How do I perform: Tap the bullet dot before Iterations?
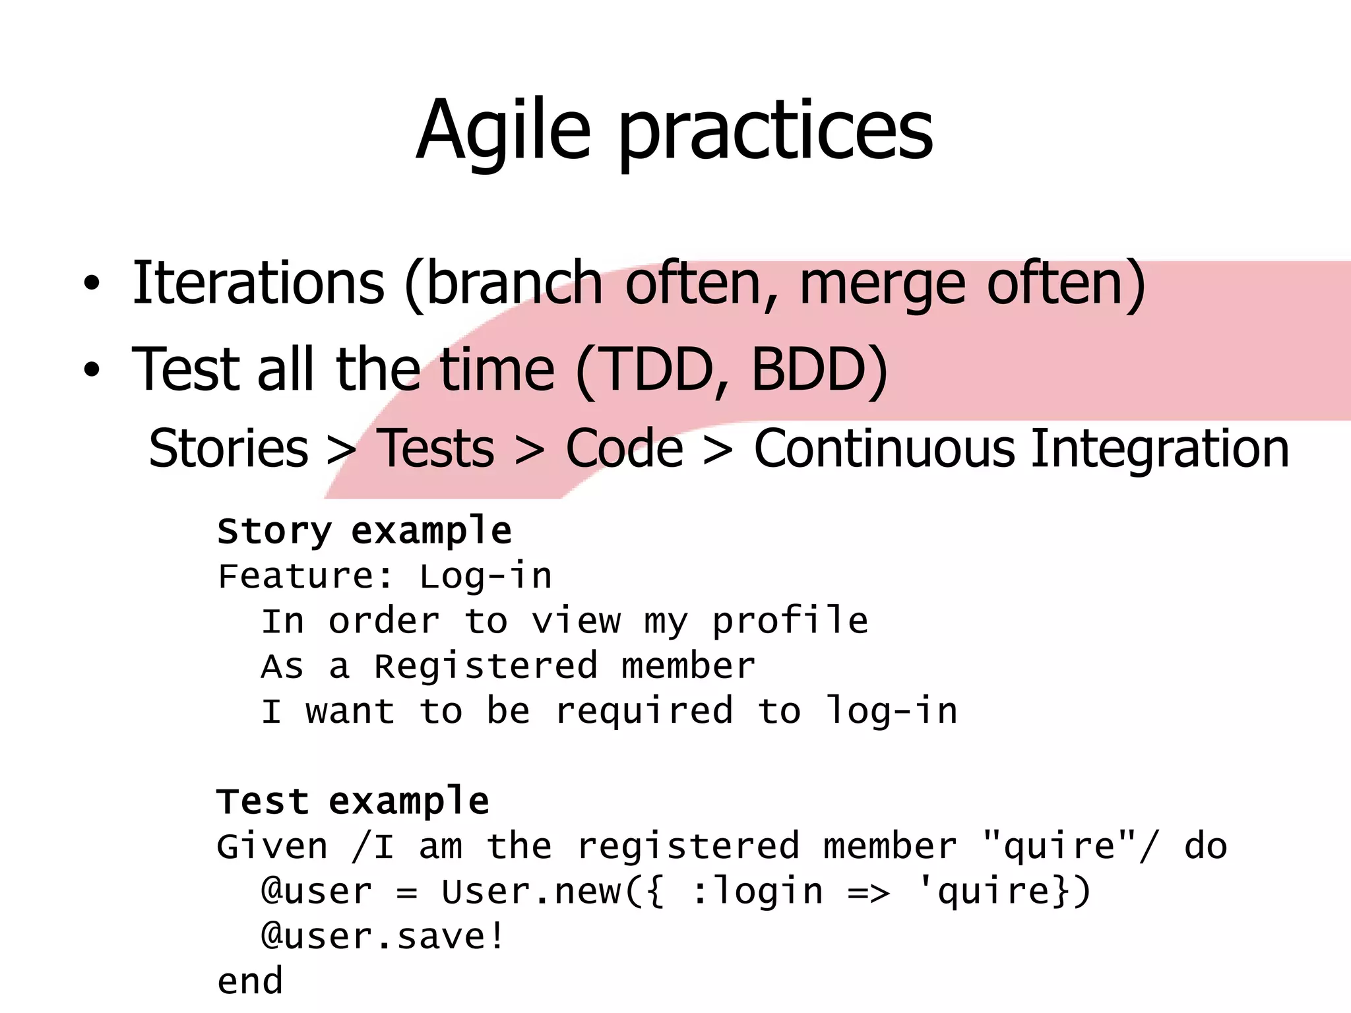92,284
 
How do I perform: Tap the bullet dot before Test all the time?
92,371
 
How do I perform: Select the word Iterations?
258,283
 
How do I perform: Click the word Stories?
228,448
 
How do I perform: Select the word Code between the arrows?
624,448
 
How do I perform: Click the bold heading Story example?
364,530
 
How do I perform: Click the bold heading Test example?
353,801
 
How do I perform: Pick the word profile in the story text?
790,621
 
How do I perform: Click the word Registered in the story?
486,666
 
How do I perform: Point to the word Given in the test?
272,846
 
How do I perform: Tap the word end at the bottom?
250,981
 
